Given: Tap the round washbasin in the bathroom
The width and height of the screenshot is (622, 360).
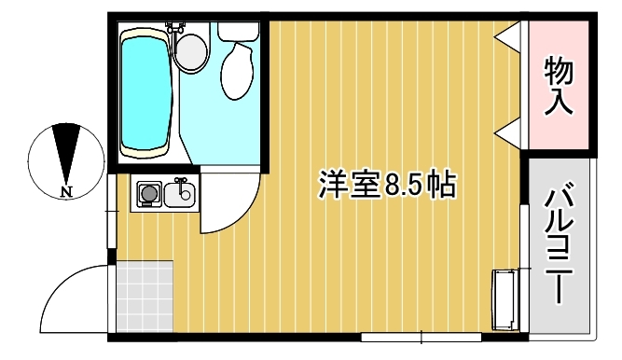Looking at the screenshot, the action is click(x=191, y=51).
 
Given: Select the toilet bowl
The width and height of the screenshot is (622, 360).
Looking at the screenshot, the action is click(x=237, y=71).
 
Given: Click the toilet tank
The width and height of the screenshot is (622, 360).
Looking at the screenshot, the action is click(x=238, y=32).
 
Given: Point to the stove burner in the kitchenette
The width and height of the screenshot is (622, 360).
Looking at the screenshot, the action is click(x=149, y=194).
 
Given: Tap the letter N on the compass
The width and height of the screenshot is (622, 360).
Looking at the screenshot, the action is click(x=66, y=192).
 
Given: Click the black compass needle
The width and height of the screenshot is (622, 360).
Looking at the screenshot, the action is click(x=66, y=154).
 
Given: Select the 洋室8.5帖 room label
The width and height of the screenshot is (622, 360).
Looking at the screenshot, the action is click(x=387, y=185).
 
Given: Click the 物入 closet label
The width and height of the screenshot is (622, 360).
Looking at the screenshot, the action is click(x=559, y=85).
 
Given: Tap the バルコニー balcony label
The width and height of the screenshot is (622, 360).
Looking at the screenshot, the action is click(x=559, y=246).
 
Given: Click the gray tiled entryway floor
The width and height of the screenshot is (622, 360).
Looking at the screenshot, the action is click(x=145, y=296).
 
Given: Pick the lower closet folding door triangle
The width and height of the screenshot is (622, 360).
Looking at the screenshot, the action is click(x=507, y=133).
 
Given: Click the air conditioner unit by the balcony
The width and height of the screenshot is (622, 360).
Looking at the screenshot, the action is click(x=505, y=299).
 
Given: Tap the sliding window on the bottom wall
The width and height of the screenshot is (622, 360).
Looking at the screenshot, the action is click(x=421, y=338).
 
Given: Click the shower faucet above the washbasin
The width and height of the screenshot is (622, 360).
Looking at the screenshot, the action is click(x=174, y=29).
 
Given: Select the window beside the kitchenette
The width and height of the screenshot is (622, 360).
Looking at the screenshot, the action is click(x=112, y=211).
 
